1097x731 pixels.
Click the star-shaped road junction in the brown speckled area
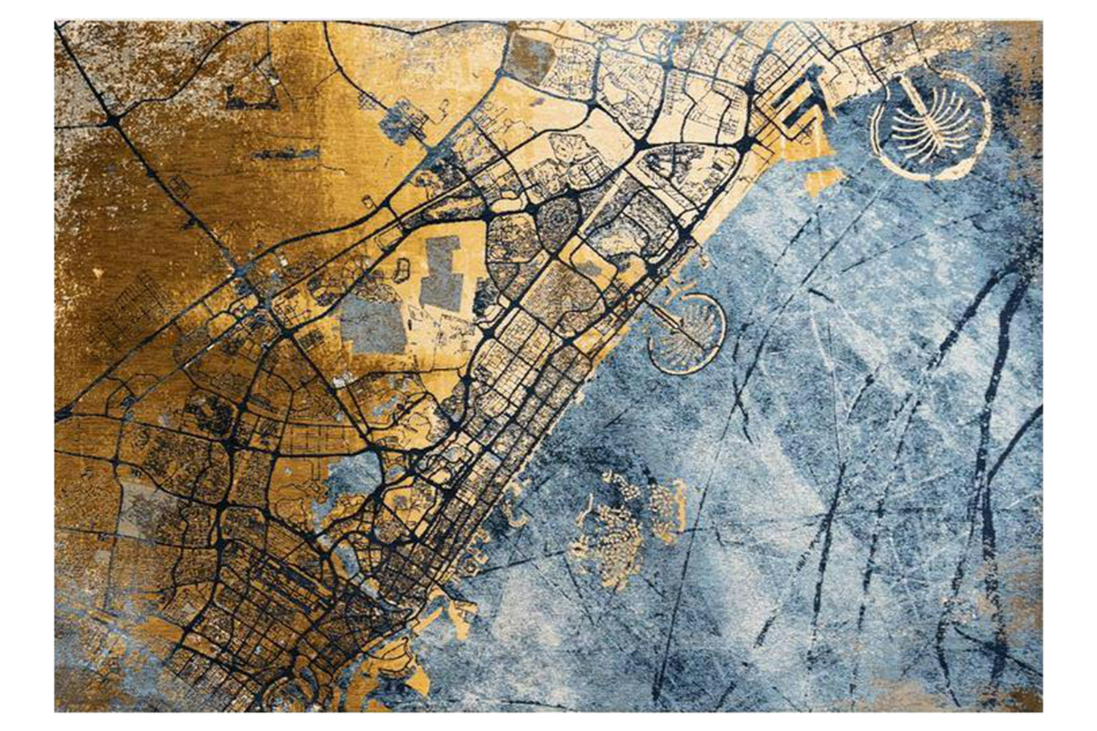click(113, 117)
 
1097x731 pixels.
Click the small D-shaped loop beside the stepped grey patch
click(402, 270)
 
